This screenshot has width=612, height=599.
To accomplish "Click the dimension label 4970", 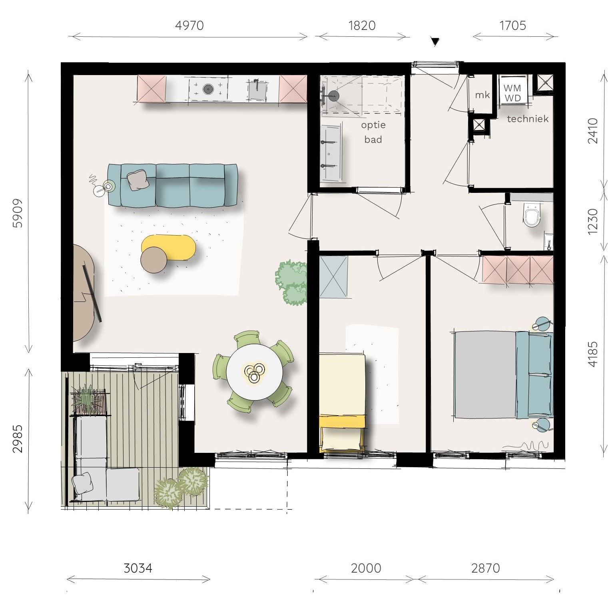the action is (189, 26).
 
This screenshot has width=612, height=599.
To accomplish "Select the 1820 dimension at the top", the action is (362, 26).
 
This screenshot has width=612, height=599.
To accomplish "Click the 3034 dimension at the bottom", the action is (138, 568).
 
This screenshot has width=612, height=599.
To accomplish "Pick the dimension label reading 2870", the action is (485, 568).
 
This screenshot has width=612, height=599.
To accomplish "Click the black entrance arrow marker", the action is (435, 42).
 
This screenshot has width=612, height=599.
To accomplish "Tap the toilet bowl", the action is (532, 216).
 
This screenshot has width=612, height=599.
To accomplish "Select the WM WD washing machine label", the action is (512, 93).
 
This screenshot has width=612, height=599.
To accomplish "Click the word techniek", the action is (528, 119).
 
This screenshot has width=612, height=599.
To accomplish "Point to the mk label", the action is (482, 95).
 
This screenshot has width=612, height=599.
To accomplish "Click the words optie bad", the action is (373, 132).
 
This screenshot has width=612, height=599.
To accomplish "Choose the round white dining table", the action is (254, 372).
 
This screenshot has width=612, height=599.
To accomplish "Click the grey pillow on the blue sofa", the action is (138, 180).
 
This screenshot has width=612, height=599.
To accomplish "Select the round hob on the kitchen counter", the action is (208, 89).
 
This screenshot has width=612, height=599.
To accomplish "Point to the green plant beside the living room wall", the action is (291, 282).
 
